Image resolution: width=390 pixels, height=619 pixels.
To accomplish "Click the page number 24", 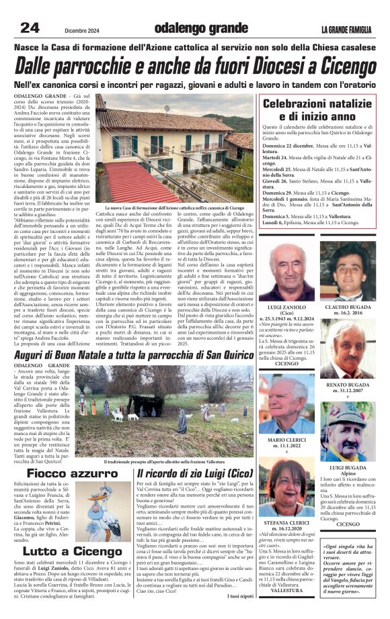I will click(29, 28).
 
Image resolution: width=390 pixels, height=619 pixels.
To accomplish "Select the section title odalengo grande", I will click(192, 28).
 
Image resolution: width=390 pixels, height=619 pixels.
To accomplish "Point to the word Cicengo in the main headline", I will click(340, 66).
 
